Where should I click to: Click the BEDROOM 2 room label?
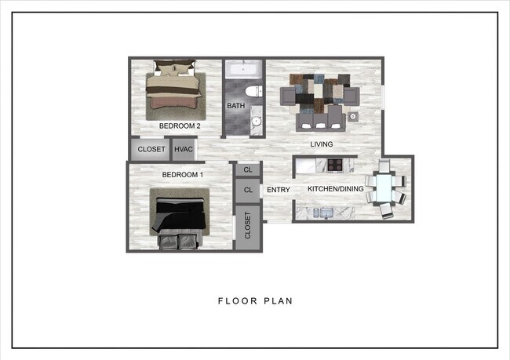[180, 125]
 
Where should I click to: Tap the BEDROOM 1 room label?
[183, 174]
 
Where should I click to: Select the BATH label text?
[235, 106]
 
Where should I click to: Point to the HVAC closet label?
[184, 149]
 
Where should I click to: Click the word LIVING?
[321, 144]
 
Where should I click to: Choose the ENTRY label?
[279, 190]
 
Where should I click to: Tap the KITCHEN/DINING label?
[335, 190]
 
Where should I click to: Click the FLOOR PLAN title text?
[255, 300]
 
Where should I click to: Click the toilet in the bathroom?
[253, 93]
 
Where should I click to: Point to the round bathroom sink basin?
[256, 122]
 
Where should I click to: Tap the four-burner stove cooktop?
[335, 165]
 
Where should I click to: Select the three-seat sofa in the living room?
[319, 118]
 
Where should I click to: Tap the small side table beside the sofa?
[354, 117]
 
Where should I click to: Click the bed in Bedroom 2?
[175, 85]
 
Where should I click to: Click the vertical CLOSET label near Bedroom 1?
[248, 225]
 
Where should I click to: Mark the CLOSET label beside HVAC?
[151, 149]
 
